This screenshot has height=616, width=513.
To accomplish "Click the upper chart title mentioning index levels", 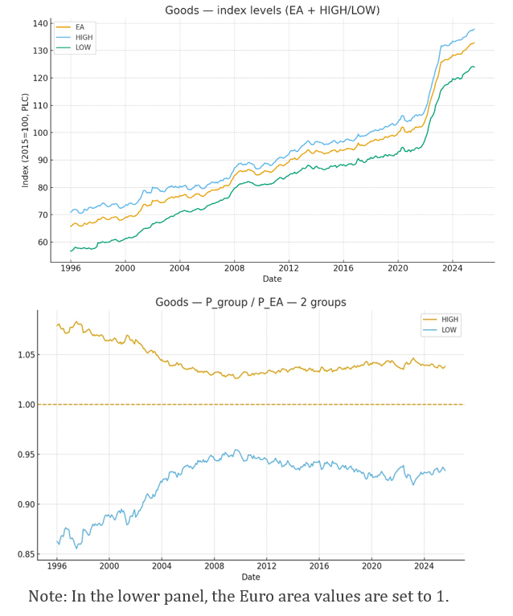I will [273, 10].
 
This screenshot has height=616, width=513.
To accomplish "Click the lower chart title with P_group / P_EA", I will [250, 302].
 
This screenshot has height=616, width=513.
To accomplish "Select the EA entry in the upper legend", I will [80, 27].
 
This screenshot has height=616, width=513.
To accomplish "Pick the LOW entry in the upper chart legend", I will [84, 47].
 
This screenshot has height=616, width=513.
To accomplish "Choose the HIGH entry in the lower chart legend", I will [449, 319].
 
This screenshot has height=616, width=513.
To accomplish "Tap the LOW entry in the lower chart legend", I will [449, 329].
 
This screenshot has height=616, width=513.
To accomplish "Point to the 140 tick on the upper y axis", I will [40, 23].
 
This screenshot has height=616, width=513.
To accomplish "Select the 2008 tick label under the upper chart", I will [234, 267].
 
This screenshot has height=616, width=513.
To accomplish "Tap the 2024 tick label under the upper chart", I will [453, 267].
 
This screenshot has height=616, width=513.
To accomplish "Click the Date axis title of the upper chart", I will [273, 279].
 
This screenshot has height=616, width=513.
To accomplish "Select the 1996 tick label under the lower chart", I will [56, 566].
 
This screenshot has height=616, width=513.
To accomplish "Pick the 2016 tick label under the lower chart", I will [319, 566].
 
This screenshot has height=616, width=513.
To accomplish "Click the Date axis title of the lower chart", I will [250, 577].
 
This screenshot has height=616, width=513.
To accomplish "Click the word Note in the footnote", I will [47, 597].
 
